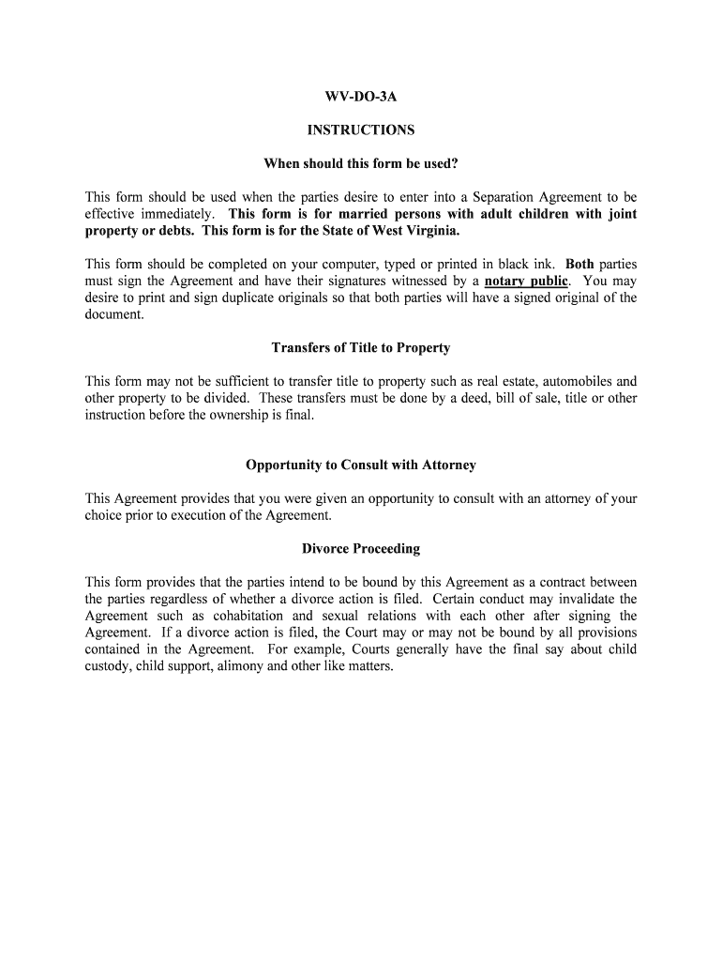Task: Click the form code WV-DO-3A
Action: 361,97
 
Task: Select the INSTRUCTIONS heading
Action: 361,130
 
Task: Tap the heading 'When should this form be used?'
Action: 361,164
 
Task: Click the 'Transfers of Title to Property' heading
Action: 361,348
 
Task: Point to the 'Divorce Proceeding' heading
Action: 361,549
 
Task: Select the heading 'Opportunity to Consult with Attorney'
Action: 361,465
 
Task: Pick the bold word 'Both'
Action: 579,265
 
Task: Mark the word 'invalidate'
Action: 590,600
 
